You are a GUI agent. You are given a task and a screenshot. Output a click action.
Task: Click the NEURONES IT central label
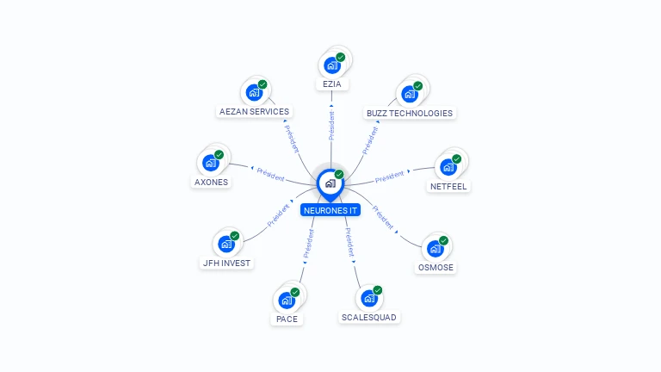330,210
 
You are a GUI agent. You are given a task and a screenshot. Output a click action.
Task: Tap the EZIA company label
331,84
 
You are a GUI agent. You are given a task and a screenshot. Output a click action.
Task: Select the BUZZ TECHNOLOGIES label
409,113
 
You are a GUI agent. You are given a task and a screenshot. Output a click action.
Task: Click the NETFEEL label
448,186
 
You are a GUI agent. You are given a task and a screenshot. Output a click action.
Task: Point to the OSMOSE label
436,267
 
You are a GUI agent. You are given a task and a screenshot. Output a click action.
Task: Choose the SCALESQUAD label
369,317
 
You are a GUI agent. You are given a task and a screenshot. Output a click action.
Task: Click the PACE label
286,319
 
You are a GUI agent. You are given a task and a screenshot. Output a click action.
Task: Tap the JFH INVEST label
226,263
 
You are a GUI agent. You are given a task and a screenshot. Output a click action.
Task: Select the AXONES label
211,182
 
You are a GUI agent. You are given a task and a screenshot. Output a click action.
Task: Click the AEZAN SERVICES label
254,111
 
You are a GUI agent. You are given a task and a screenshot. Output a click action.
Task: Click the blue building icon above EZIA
331,65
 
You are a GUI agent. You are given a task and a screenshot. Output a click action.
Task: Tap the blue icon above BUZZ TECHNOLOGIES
409,93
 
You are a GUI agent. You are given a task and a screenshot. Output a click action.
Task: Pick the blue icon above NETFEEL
448,166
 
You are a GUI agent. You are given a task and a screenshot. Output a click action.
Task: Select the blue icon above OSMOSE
436,248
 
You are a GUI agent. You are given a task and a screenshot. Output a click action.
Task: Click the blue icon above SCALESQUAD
369,298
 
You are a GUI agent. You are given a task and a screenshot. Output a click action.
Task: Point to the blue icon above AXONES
211,162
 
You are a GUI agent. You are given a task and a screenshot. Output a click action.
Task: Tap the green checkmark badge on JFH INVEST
234,236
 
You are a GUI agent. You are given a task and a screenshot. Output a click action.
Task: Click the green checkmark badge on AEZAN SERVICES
263,84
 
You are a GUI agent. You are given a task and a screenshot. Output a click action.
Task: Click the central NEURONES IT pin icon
330,183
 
